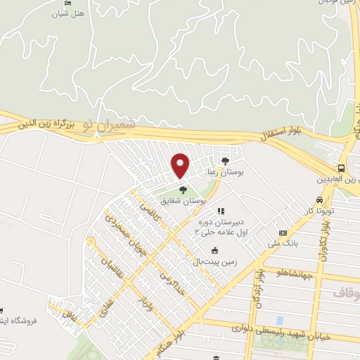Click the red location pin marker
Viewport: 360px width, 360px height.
[x=181, y=166]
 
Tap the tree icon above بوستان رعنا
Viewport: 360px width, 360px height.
[x=225, y=160]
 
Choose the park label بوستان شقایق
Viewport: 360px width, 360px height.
[x=202, y=200]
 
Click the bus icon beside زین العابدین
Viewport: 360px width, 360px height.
[x=341, y=168]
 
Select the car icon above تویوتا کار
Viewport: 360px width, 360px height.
[x=320, y=199]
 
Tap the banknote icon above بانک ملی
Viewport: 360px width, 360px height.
[x=283, y=233]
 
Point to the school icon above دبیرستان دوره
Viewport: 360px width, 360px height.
[x=220, y=210]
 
